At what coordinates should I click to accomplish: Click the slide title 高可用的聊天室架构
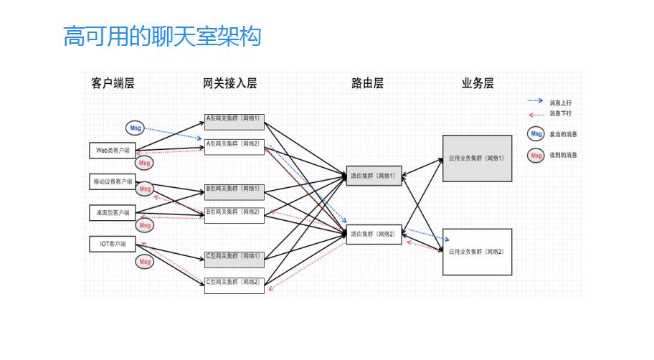[162, 37]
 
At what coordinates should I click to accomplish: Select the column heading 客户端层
[113, 83]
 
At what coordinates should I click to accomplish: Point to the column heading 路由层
[367, 83]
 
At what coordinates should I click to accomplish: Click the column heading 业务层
[478, 83]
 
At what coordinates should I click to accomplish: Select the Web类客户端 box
[113, 151]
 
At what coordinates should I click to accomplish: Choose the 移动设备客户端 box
[113, 182]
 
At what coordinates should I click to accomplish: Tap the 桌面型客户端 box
[113, 213]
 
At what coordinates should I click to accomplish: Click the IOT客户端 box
[113, 244]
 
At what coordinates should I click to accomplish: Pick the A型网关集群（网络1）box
[234, 120]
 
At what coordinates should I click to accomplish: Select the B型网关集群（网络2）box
[234, 214]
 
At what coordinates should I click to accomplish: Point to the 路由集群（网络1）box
[374, 174]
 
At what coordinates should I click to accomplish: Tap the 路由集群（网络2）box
[374, 235]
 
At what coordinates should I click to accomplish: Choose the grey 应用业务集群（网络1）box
[477, 158]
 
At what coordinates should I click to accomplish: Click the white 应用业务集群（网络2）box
[477, 252]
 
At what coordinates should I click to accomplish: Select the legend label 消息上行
[561, 103]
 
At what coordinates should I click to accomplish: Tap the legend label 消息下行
[561, 113]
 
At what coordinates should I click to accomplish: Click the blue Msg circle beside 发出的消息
[534, 133]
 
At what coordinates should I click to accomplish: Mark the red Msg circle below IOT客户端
[145, 262]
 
